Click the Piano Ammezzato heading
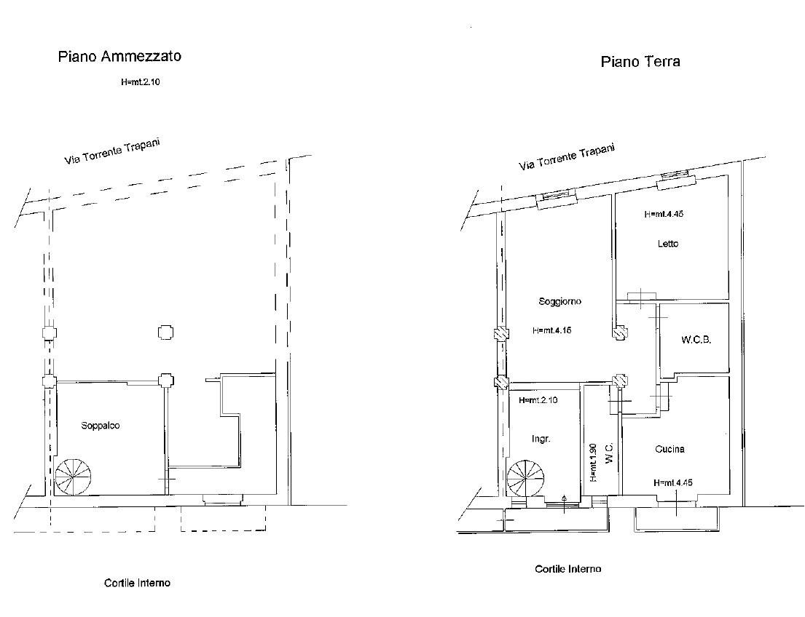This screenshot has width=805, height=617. [119, 57]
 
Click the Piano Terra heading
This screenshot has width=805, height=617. [640, 62]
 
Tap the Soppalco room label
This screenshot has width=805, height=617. [101, 426]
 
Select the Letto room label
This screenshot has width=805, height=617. [667, 244]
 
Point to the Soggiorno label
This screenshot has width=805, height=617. [560, 301]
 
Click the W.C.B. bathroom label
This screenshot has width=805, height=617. [696, 340]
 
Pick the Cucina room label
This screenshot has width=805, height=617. [669, 449]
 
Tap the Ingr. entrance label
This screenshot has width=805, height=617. [541, 439]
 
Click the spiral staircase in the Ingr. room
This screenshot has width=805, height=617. [526, 479]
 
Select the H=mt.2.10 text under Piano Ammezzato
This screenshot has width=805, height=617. [141, 82]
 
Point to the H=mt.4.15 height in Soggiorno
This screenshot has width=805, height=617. [552, 330]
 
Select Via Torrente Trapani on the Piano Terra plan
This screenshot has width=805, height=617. [566, 157]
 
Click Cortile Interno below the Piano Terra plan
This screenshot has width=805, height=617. [568, 569]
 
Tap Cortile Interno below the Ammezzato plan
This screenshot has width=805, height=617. [137, 582]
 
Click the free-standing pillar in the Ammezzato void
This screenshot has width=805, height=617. [165, 333]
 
